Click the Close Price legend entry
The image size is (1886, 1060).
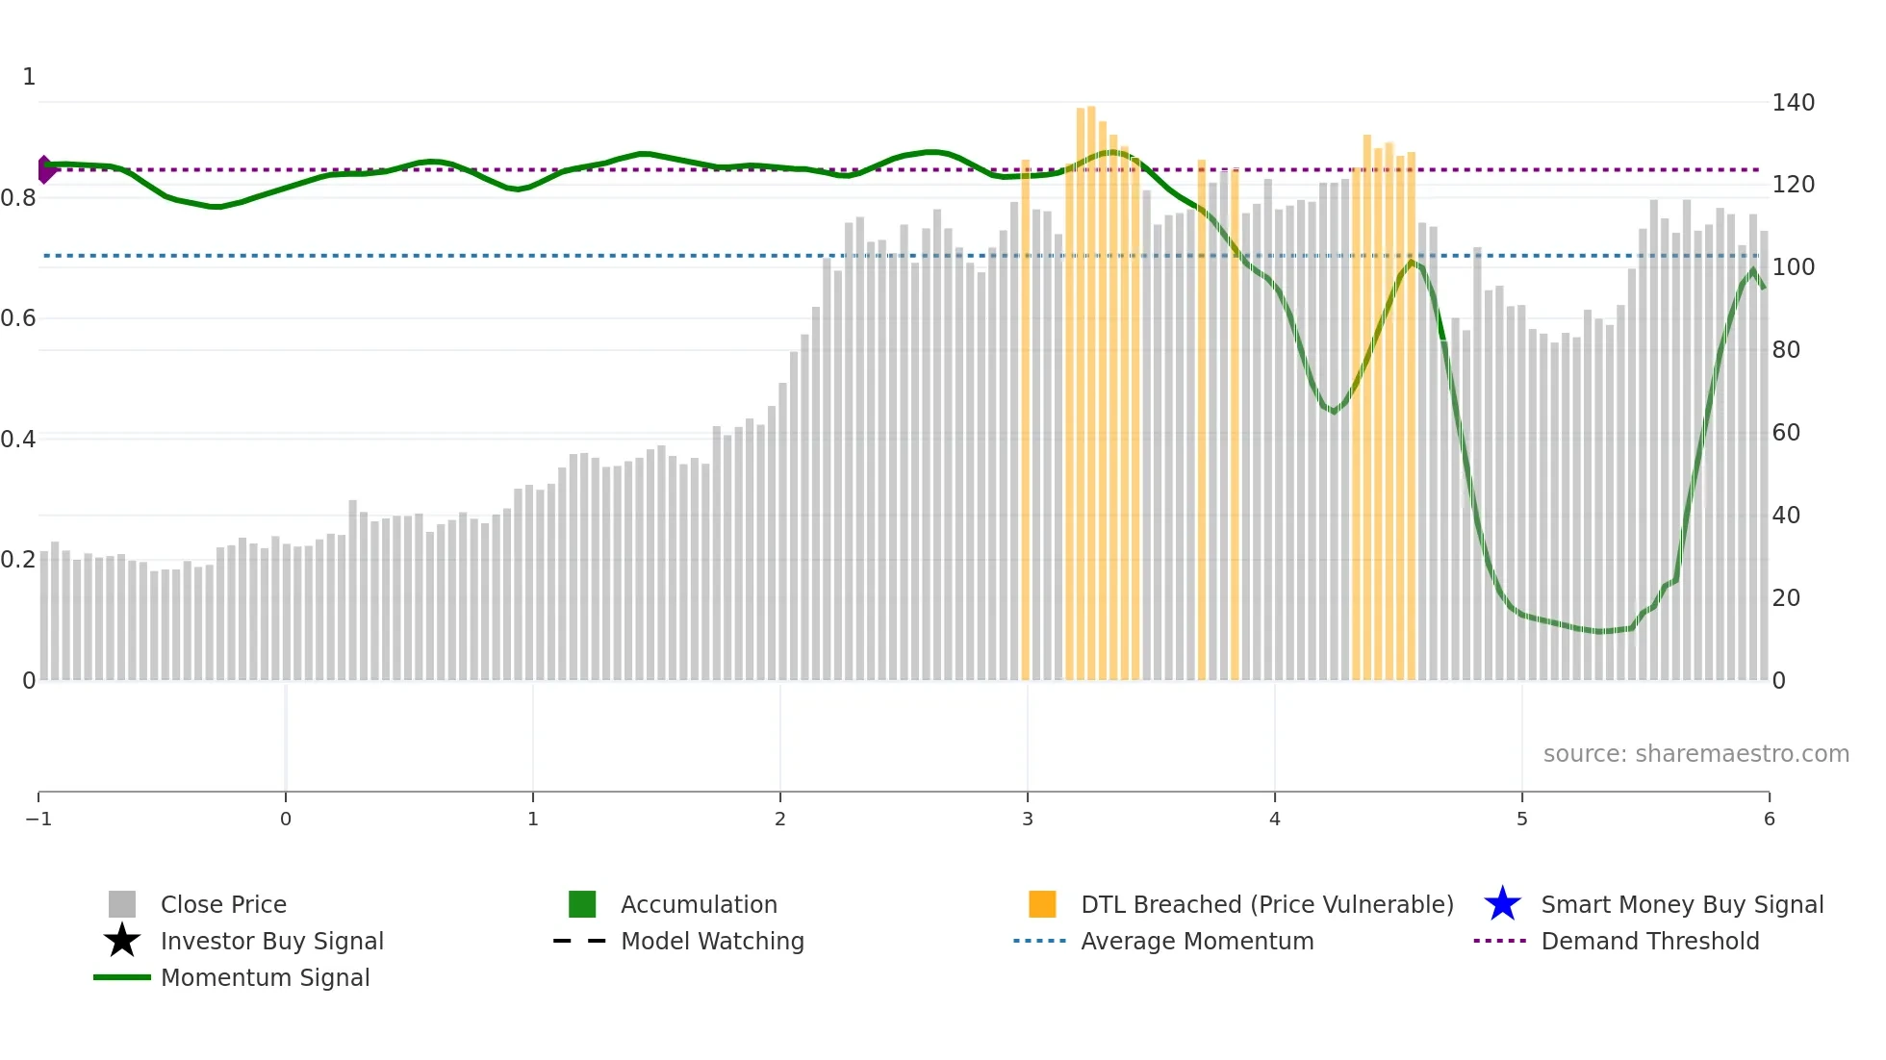tap(223, 904)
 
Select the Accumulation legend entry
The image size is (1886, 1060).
tap(699, 904)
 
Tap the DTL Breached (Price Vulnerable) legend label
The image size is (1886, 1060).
tap(1266, 904)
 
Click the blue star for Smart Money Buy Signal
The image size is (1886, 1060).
tap(1502, 904)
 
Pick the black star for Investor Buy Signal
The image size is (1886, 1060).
tap(122, 941)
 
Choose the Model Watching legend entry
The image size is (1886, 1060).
tap(712, 941)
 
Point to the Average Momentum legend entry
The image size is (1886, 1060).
tap(1196, 941)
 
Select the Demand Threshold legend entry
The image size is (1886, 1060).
tap(1649, 941)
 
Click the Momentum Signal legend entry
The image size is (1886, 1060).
tap(265, 977)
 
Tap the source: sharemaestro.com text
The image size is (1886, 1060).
tap(1695, 753)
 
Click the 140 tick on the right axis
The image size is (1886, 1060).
tap(1793, 103)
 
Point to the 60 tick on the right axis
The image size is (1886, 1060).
tap(1786, 433)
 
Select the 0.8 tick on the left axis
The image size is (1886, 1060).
tap(18, 198)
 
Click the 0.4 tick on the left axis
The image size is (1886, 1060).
tap(18, 440)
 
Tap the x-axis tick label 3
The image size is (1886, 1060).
tap(1028, 819)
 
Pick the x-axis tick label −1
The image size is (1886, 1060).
tap(38, 819)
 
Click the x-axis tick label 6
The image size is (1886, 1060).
tap(1769, 819)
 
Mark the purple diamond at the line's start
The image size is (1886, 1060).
tap(44, 169)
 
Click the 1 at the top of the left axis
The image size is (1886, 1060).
tap(29, 77)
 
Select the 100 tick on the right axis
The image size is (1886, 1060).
tap(1793, 267)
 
